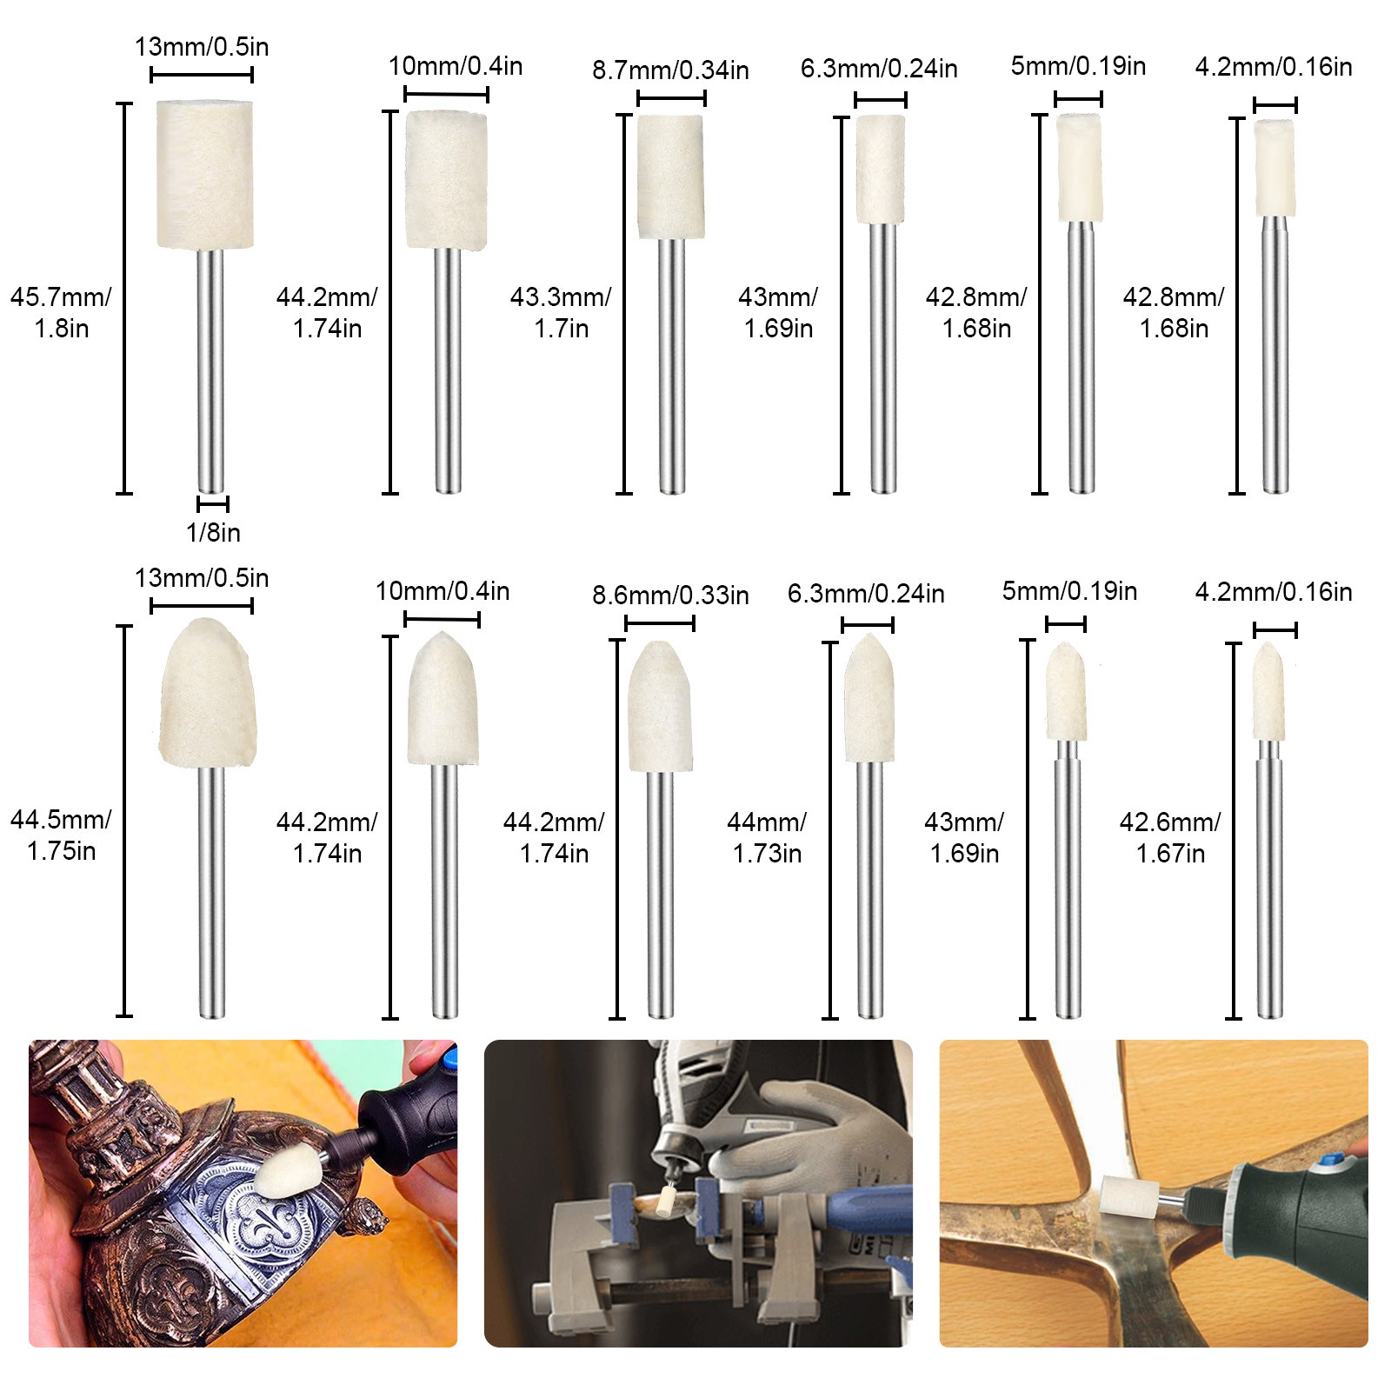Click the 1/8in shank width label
pyautogui.click(x=213, y=532)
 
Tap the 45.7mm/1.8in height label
pyautogui.click(x=61, y=312)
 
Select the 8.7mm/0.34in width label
pyautogui.click(x=670, y=70)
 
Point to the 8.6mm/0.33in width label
pyautogui.click(x=670, y=595)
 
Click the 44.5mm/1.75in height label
pyautogui.click(x=61, y=835)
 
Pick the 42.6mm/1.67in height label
pyautogui.click(x=1170, y=837)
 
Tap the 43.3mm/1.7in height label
pyautogui.click(x=561, y=312)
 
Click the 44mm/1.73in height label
pyautogui.click(x=767, y=837)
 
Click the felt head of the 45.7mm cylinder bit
pyautogui.click(x=205, y=175)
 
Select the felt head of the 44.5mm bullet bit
pyautogui.click(x=207, y=693)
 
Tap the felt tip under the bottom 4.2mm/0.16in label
pyautogui.click(x=1268, y=691)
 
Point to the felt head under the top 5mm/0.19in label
pyautogui.click(x=1080, y=168)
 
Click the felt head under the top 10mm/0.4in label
pyautogui.click(x=447, y=180)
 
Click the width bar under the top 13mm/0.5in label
pyautogui.click(x=202, y=75)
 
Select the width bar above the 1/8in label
pyautogui.click(x=213, y=503)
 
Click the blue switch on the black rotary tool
pyautogui.click(x=449, y=1059)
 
